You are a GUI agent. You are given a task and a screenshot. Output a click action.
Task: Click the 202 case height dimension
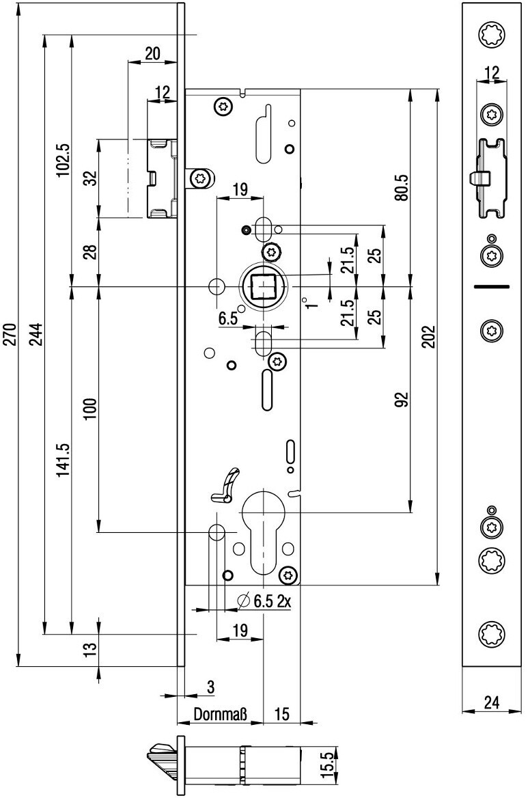coord(429,337)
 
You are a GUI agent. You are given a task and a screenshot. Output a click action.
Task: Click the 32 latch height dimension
coord(91,179)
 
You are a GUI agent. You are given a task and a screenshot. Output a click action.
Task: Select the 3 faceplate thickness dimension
coord(210,687)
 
